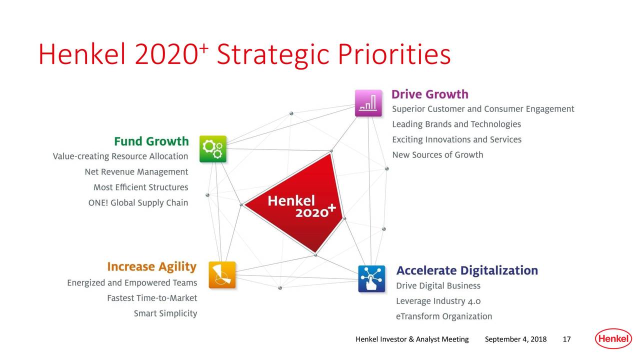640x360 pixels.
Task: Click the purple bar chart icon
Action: click(x=368, y=103)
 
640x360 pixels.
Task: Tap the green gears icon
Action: click(x=213, y=148)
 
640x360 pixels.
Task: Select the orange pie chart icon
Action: click(x=222, y=274)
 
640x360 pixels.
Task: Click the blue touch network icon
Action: click(x=371, y=278)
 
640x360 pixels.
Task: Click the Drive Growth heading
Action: click(x=429, y=94)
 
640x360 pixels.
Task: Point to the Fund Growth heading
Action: click(x=151, y=141)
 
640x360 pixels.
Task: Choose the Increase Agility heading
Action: click(x=151, y=266)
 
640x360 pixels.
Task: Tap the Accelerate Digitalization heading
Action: click(x=467, y=270)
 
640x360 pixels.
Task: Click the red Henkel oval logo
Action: click(x=613, y=339)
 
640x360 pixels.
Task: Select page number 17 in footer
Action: click(x=566, y=340)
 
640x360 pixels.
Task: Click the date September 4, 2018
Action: click(x=515, y=340)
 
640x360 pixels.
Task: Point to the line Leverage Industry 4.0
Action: click(x=438, y=301)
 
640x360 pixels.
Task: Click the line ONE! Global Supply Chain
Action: click(x=138, y=202)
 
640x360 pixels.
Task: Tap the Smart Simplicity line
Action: click(x=165, y=313)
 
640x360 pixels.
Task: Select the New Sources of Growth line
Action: click(x=437, y=155)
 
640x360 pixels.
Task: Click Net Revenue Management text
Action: click(x=136, y=172)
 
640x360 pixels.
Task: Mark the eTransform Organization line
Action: click(x=444, y=316)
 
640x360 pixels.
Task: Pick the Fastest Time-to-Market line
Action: click(x=152, y=298)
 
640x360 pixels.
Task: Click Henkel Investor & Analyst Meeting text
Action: click(x=411, y=340)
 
